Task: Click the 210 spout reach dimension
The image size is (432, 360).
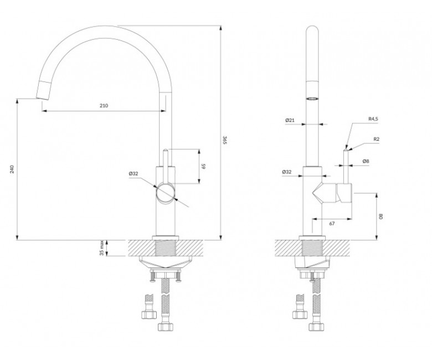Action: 104,105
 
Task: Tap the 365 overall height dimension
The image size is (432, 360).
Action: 224,140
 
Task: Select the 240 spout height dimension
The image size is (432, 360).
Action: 12,169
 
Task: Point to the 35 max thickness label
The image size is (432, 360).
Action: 102,248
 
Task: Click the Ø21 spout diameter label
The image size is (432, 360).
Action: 290,120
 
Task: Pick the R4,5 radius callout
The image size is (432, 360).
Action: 373,119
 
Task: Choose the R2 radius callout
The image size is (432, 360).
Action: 377,139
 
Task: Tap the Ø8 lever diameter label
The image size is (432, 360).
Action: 366,161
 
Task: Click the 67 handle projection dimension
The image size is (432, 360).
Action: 332,224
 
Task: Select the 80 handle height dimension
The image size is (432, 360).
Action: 381,216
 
